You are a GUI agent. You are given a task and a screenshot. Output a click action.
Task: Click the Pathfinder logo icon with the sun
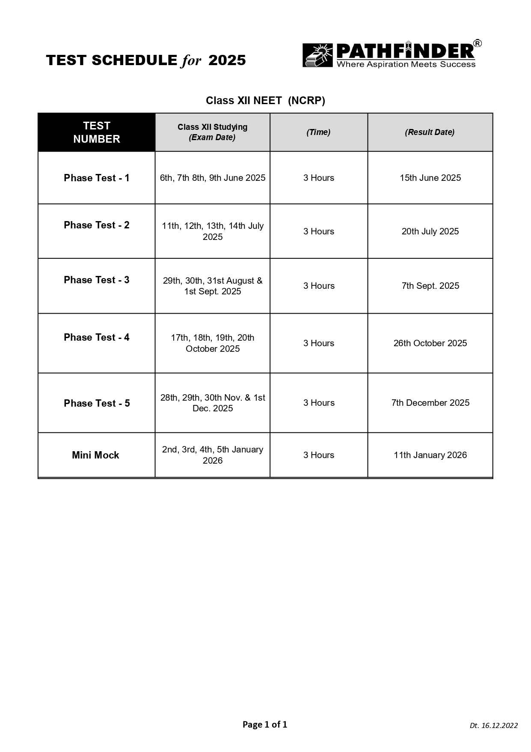(317, 56)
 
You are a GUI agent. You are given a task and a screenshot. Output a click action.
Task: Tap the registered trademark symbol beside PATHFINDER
(477, 44)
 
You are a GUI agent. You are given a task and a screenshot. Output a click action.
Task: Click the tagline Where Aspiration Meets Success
(406, 65)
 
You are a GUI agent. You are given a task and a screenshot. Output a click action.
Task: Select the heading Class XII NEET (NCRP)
(265, 101)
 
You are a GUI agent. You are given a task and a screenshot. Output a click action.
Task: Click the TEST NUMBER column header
(97, 132)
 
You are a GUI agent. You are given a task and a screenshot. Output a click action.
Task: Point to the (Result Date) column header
(430, 132)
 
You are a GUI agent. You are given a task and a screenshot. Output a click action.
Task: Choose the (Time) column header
(318, 132)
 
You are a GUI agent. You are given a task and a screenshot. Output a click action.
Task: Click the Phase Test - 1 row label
(97, 178)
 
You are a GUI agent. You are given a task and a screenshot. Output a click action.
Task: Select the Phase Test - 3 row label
(97, 280)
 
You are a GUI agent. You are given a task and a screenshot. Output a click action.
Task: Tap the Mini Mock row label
(95, 455)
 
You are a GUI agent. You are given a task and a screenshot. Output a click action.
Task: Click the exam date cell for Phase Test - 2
(213, 231)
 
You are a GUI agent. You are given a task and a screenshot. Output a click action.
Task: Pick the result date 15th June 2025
(430, 178)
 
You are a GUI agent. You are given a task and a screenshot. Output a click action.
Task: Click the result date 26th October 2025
(430, 343)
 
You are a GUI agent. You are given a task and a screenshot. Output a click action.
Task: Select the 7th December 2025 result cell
(430, 403)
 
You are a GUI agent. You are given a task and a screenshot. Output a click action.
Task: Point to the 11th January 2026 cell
(430, 455)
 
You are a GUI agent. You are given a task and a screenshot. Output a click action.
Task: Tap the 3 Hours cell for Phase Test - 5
(319, 403)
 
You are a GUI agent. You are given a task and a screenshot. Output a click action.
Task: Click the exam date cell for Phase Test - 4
(213, 343)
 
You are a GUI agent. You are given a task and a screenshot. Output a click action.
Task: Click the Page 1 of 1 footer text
(265, 725)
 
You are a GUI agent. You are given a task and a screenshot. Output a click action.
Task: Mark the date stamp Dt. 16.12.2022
(493, 725)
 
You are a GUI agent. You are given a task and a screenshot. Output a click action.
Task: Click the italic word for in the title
(191, 61)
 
